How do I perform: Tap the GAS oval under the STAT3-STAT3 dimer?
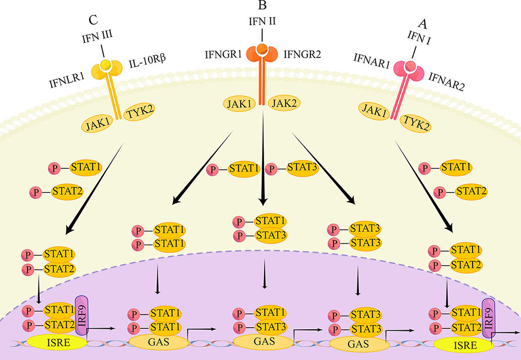pos(359,344)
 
